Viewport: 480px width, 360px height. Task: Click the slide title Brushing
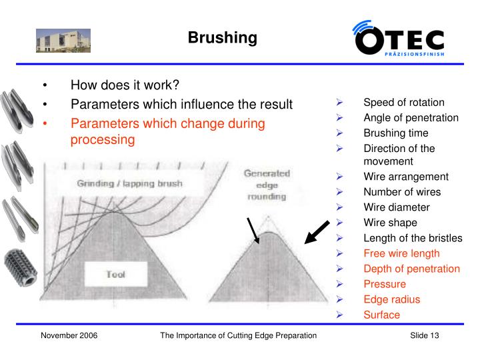[x=222, y=37]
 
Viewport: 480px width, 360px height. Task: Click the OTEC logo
[x=399, y=38]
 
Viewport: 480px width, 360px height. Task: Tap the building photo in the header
[x=63, y=39]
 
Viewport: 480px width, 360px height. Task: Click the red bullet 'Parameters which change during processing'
[x=167, y=131]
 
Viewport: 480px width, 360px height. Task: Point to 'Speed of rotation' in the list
[x=403, y=103]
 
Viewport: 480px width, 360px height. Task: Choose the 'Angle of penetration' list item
[x=411, y=118]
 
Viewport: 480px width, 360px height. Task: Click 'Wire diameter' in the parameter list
[x=396, y=207]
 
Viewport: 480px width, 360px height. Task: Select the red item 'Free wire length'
[x=401, y=253]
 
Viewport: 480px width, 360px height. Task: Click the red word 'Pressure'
[x=384, y=284]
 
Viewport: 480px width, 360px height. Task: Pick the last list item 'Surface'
[x=381, y=315]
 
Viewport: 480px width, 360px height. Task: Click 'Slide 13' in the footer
[x=425, y=335]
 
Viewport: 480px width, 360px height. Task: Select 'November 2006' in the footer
[x=69, y=335]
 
